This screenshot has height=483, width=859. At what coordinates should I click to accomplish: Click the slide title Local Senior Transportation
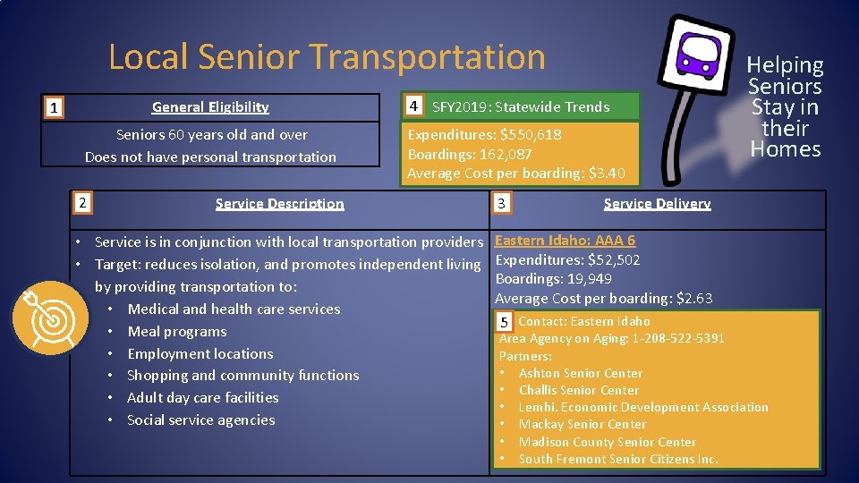pyautogui.click(x=327, y=57)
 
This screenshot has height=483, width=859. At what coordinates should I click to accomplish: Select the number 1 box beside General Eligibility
pyautogui.click(x=55, y=108)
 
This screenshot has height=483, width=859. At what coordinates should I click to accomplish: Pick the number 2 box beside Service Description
pyautogui.click(x=81, y=203)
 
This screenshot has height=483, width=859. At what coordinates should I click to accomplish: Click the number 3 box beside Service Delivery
pyautogui.click(x=501, y=204)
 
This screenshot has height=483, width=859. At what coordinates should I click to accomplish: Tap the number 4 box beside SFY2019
pyautogui.click(x=412, y=106)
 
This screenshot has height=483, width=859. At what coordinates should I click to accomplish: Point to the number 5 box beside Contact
pyautogui.click(x=504, y=322)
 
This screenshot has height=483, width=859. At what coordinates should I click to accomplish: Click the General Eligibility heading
pyautogui.click(x=210, y=107)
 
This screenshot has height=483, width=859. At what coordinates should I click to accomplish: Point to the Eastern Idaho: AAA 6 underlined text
pyautogui.click(x=565, y=241)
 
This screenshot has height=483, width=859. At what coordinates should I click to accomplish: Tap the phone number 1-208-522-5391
pyautogui.click(x=677, y=338)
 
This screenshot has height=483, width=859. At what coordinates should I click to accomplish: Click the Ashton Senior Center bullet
pyautogui.click(x=580, y=373)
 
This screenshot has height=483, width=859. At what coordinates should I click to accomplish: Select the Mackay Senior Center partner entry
pyautogui.click(x=582, y=424)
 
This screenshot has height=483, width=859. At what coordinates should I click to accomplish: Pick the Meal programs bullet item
pyautogui.click(x=177, y=332)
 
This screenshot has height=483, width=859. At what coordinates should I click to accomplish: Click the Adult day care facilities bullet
pyautogui.click(x=202, y=398)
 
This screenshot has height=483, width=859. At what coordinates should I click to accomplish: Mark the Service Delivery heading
pyautogui.click(x=657, y=204)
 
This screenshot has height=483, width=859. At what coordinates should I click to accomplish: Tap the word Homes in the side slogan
pyautogui.click(x=785, y=149)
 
